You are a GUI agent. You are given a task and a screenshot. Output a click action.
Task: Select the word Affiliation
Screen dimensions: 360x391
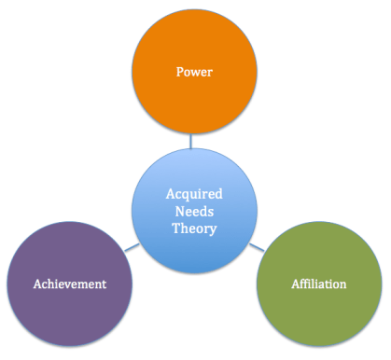(x=317, y=283)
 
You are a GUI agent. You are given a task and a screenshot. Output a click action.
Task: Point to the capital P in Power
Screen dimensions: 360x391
(x=177, y=70)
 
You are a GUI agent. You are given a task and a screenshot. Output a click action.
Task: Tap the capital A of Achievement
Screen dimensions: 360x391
(x=35, y=283)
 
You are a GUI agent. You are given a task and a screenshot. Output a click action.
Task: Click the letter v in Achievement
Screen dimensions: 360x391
(x=76, y=283)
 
